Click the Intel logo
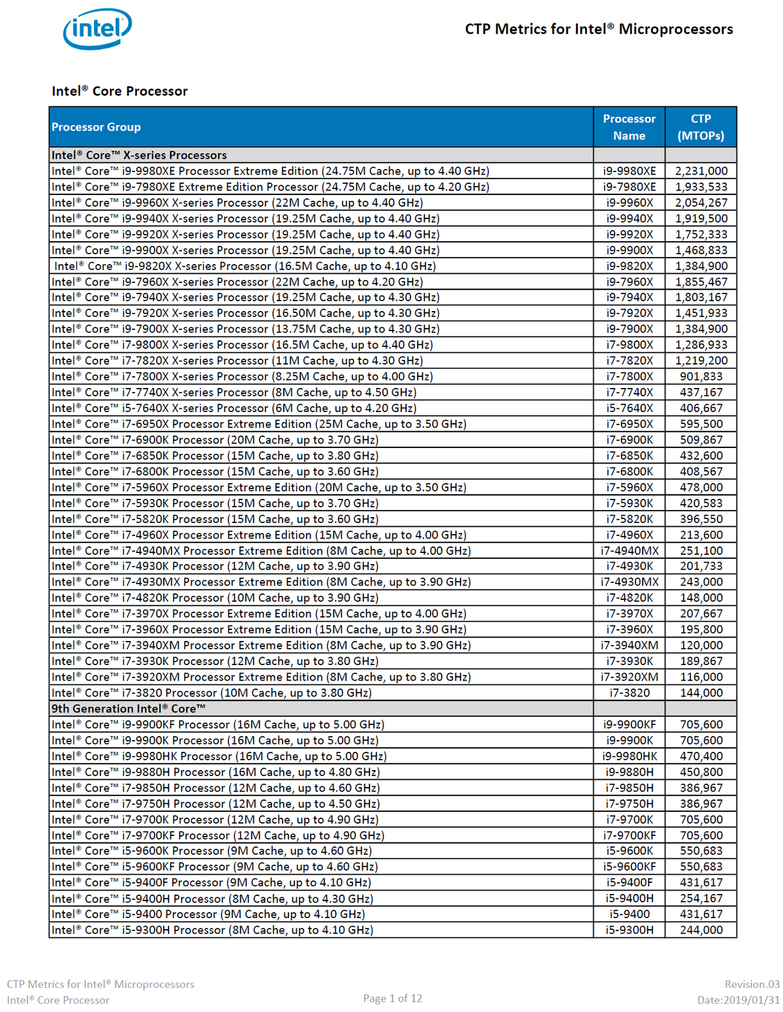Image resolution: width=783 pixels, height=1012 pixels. coord(97,29)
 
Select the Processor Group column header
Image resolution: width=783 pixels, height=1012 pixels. coord(96,127)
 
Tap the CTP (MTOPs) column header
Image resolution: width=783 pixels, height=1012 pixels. coord(701,127)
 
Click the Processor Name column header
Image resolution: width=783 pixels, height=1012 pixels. coord(629,127)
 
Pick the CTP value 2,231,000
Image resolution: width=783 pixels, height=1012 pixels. coord(701,171)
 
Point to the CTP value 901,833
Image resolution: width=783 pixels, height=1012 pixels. coord(701,376)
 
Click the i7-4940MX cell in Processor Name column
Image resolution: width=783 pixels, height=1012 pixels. coord(629,550)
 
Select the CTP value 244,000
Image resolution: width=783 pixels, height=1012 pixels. coord(701,930)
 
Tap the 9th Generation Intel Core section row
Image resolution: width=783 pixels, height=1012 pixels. coord(129,709)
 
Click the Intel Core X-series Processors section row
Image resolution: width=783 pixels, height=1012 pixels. coord(139,155)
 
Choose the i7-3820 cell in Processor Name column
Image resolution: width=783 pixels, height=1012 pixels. coord(629,692)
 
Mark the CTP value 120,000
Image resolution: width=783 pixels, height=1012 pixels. coord(701,645)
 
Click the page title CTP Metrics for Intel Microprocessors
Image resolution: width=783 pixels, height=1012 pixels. coord(598,29)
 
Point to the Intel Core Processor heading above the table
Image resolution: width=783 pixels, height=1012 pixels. coord(119,91)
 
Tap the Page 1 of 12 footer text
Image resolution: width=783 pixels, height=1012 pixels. coord(392,998)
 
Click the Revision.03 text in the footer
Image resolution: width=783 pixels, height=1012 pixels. coord(752,984)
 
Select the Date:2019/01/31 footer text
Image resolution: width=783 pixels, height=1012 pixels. coord(738,1000)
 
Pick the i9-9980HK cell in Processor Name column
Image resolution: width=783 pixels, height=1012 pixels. coord(629,756)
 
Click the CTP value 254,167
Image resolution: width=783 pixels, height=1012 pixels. coord(701,899)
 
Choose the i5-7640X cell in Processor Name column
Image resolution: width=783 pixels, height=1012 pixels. coord(629,408)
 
